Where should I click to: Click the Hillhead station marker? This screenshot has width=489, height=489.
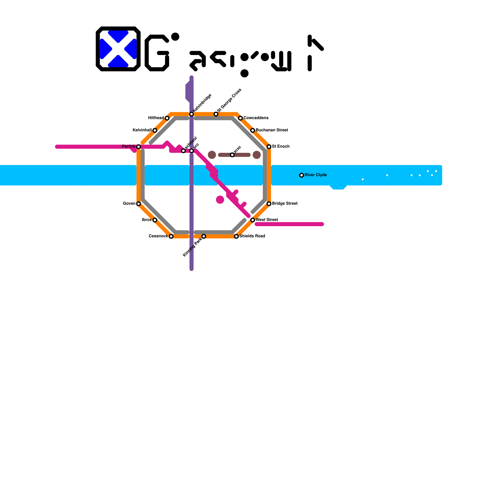pos(167,118)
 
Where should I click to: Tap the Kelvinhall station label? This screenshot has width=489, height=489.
pos(142,130)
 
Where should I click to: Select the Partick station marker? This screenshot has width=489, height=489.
pos(138,147)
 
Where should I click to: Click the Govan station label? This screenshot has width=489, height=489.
pos(129,204)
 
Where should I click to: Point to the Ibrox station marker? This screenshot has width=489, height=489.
pos(155,220)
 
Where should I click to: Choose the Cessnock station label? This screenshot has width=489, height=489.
pos(158,236)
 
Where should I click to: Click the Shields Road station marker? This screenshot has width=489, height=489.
pos(236,236)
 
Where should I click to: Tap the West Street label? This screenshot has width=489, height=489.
pos(267,220)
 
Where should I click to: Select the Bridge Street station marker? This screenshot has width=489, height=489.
pos(269,204)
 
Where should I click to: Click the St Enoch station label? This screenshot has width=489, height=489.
pos(281,146)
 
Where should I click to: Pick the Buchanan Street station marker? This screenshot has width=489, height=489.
pos(253,131)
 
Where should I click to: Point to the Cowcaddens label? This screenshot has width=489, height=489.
pos(256,118)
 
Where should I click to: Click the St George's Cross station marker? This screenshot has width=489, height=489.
pos(216,114)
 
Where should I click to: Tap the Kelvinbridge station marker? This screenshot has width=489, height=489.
pos(191,114)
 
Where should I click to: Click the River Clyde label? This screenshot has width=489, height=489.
pos(316,175)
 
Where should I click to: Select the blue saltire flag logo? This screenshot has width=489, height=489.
pos(118,49)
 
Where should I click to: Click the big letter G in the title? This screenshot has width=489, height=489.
pos(157,53)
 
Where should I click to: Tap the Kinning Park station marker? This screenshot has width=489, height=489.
pos(204,236)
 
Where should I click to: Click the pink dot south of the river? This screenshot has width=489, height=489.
pos(220,200)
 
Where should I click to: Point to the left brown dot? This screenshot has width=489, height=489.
pos(212,155)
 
